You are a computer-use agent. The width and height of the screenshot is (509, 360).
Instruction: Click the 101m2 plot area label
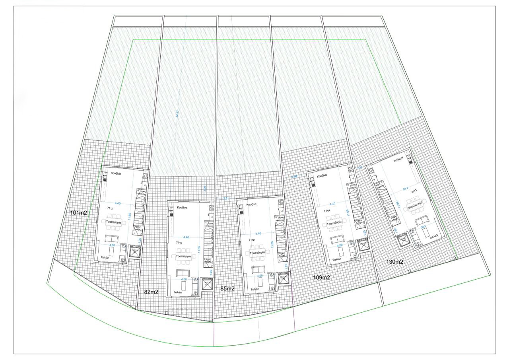pos(78,213)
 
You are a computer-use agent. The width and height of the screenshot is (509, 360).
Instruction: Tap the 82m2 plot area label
pos(151,292)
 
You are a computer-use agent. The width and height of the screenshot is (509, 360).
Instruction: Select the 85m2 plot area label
pos(227,288)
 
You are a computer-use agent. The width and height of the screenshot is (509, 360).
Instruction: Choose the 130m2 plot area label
pos(395,262)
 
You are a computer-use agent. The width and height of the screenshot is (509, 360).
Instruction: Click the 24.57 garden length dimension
pos(177,114)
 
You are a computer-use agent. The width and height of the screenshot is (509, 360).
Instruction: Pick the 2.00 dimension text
pos(294,176)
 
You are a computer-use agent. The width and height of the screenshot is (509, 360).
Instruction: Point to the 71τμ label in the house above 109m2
pos(327,211)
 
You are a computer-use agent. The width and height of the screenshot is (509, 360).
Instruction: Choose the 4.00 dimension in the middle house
pos(260,276)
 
